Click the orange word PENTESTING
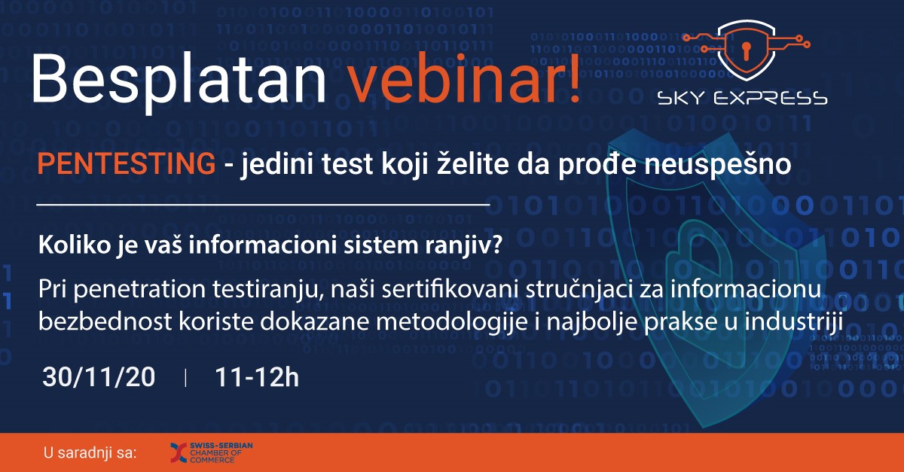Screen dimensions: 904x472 pyautogui.click(x=127, y=163)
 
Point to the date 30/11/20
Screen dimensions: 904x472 pyautogui.click(x=99, y=378)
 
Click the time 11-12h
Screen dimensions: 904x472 pyautogui.click(x=257, y=378)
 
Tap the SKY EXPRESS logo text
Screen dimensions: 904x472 pyautogui.click(x=742, y=99)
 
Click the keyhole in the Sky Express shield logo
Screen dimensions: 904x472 pyautogui.click(x=746, y=50)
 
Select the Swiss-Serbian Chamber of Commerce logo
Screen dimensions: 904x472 pyautogui.click(x=212, y=452)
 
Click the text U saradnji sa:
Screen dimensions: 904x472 pyautogui.click(x=90, y=452)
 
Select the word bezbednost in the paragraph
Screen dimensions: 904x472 pyautogui.click(x=105, y=322)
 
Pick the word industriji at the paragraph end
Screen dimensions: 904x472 pyautogui.click(x=793, y=323)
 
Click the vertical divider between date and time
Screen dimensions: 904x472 pyautogui.click(x=185, y=378)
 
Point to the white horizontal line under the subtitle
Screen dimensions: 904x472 pyautogui.click(x=263, y=205)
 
